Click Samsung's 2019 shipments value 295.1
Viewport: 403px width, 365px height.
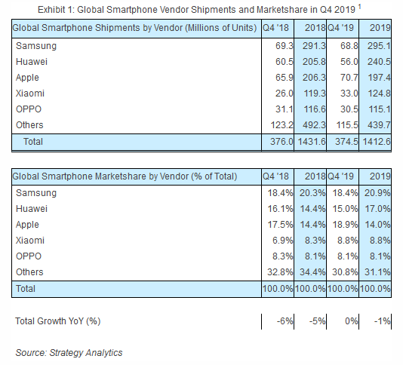(x=379, y=46)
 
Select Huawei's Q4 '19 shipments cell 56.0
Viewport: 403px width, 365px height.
(x=349, y=62)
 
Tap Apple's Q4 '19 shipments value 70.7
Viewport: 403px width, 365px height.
(x=349, y=78)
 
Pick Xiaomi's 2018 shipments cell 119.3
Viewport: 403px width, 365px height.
(x=314, y=94)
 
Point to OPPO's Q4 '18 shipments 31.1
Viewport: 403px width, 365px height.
(x=285, y=109)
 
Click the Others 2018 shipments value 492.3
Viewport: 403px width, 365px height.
(x=314, y=125)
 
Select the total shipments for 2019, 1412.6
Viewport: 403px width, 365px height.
(x=377, y=142)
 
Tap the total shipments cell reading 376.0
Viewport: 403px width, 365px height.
(x=281, y=142)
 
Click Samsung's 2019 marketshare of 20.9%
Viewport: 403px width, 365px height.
(x=377, y=193)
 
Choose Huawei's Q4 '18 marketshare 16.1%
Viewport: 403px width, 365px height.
(x=280, y=209)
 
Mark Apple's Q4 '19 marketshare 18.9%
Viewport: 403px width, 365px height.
(x=345, y=225)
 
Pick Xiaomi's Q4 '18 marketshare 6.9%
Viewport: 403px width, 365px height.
(x=283, y=241)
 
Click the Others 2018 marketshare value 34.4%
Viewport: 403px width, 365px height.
(x=312, y=272)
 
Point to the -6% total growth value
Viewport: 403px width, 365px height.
(x=285, y=321)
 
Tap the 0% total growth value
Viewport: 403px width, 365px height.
(x=352, y=321)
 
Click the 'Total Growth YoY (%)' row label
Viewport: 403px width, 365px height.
(x=58, y=321)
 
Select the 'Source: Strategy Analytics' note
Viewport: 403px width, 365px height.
(x=69, y=353)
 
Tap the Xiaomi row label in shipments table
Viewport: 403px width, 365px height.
(x=30, y=94)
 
